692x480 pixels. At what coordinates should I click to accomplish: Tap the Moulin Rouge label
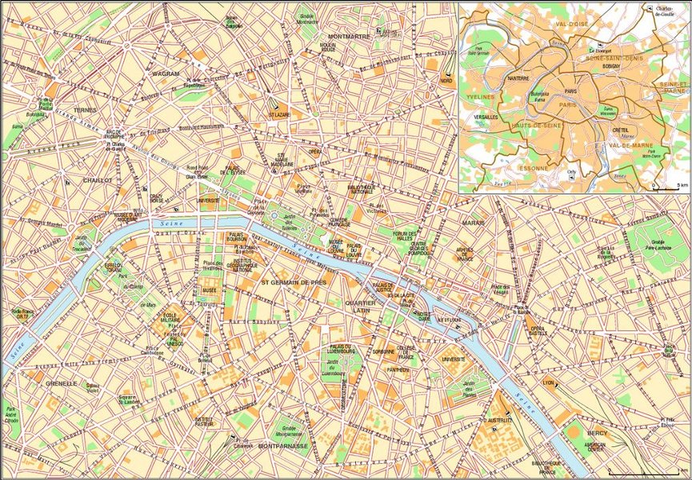tap(305, 48)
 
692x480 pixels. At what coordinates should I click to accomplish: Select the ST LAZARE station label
tap(279, 114)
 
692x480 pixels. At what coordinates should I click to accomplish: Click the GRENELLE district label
tap(61, 383)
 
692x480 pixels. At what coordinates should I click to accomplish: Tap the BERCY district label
tap(597, 433)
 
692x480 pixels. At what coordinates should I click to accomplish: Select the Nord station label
tap(446, 81)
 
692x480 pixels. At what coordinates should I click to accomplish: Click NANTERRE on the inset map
tap(518, 78)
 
